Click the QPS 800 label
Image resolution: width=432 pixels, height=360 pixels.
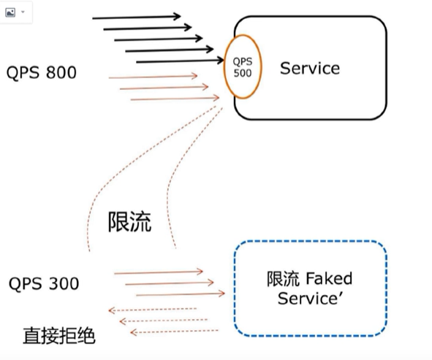[41, 73]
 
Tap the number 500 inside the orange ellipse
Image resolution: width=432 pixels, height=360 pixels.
[243, 73]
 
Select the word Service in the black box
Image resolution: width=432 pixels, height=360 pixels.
[310, 69]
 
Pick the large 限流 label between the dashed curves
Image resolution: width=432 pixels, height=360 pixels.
[129, 222]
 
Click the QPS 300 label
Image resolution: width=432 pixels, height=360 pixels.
[44, 283]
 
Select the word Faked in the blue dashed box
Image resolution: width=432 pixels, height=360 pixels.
[328, 279]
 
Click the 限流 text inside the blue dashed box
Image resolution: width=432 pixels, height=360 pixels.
[282, 279]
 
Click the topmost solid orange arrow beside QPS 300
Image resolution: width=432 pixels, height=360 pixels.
[158, 272]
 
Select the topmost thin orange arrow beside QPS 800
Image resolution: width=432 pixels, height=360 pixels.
[153, 76]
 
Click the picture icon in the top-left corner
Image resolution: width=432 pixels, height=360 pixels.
[10, 12]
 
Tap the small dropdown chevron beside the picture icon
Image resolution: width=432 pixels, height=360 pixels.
[23, 12]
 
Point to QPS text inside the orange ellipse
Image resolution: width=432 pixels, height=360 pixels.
[242, 62]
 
